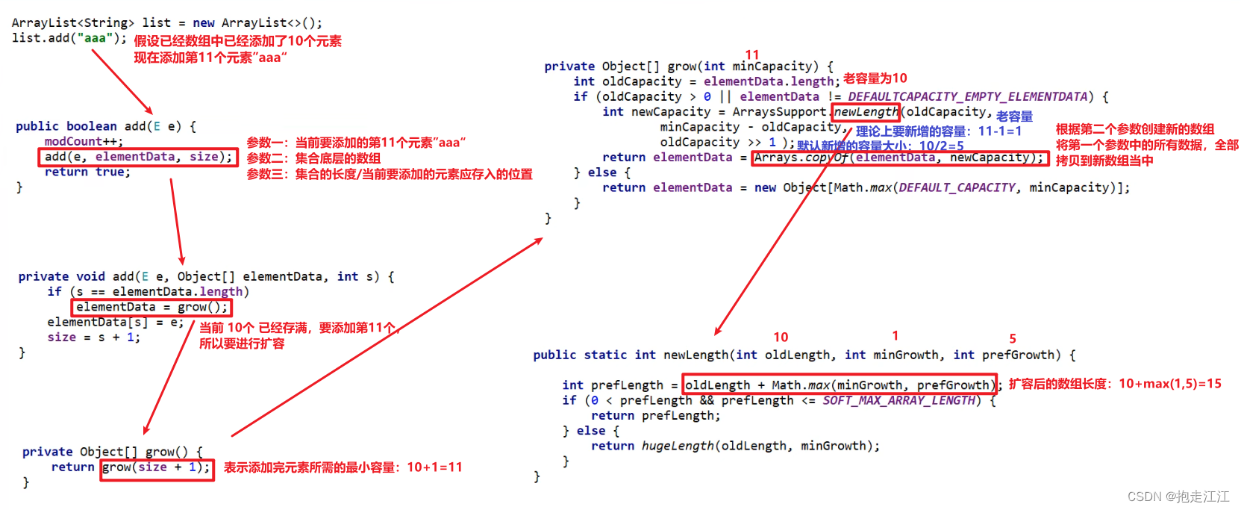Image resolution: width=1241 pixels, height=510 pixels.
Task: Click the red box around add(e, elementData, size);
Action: click(x=138, y=157)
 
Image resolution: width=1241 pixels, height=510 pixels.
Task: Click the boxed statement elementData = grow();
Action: click(x=151, y=307)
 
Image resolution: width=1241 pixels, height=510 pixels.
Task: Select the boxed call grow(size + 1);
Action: click(x=157, y=467)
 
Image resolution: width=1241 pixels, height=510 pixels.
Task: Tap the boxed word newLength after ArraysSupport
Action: click(x=866, y=112)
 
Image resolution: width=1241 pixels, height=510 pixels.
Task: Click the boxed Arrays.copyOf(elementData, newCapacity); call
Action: click(x=899, y=158)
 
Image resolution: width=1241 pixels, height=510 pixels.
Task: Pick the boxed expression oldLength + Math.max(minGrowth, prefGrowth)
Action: click(x=840, y=385)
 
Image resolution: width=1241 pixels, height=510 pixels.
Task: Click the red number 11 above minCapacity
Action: click(x=751, y=55)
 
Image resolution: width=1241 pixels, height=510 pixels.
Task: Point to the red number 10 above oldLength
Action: click(x=781, y=338)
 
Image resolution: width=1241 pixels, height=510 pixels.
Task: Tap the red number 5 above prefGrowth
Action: click(x=1013, y=338)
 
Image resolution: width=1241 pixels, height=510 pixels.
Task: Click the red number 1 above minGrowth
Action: click(x=895, y=336)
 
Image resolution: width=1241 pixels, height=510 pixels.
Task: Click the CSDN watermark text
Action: click(x=1178, y=497)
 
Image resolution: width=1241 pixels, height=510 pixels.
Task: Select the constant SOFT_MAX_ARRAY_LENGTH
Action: click(x=899, y=401)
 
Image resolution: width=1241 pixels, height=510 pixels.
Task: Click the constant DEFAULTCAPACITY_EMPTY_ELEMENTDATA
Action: click(x=968, y=96)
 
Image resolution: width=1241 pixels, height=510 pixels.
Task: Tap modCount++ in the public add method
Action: click(x=83, y=141)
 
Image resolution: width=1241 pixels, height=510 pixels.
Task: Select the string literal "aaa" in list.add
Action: click(x=95, y=37)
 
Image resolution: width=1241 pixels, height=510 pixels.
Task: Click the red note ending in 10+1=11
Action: click(x=343, y=467)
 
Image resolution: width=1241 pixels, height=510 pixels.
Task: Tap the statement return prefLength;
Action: click(x=655, y=416)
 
